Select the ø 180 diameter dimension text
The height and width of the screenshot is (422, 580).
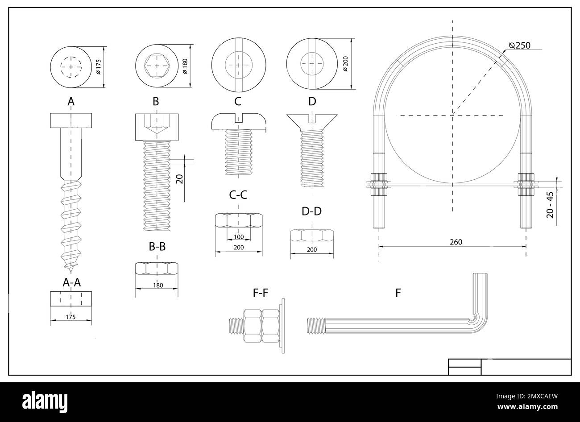point(185,66)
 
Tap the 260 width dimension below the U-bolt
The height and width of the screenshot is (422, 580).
point(456,242)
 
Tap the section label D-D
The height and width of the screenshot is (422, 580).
point(311,211)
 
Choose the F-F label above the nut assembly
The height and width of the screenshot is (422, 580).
point(260,293)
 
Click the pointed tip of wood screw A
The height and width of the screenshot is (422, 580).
point(71,271)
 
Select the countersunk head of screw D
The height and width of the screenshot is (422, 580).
point(312,121)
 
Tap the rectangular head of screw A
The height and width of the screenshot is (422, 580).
point(71,120)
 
